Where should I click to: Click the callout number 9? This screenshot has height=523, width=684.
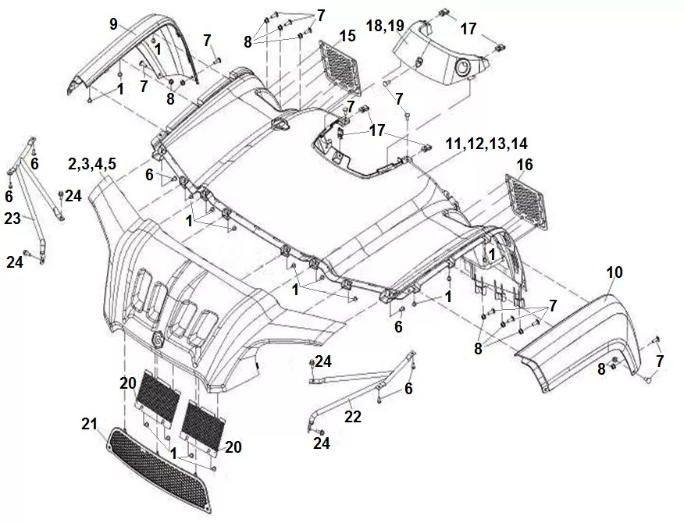click(x=113, y=24)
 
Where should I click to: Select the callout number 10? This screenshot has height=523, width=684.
click(x=614, y=272)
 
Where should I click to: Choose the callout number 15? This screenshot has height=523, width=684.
click(x=347, y=35)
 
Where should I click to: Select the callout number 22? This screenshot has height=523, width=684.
click(x=353, y=417)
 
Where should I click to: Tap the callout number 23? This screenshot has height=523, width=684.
click(x=12, y=219)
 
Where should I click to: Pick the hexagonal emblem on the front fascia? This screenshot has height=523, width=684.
click(x=155, y=337)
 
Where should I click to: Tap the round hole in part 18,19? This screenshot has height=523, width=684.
click(x=463, y=69)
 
